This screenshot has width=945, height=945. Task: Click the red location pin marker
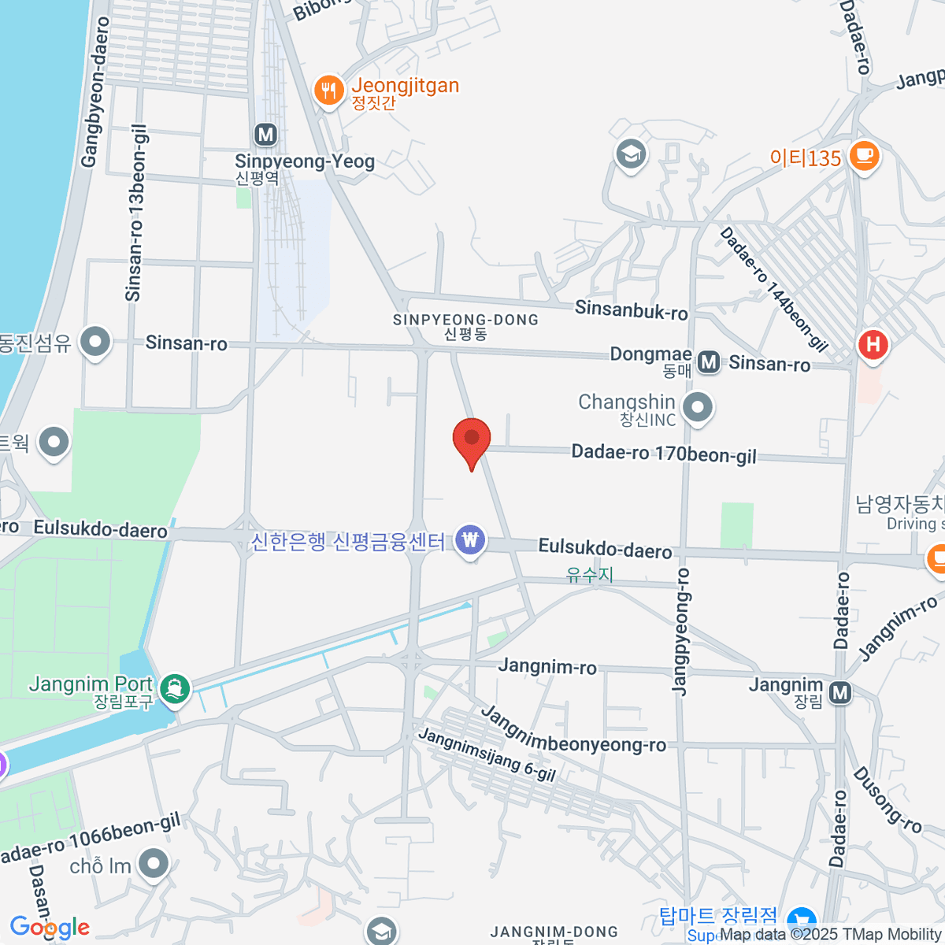coord(472,439)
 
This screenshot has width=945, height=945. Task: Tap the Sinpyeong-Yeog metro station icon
coord(266,135)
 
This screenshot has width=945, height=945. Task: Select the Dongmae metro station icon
coord(709,361)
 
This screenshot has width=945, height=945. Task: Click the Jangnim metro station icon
coord(840,692)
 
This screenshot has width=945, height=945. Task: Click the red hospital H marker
coord(873,345)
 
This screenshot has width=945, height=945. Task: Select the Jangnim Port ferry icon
coord(174,689)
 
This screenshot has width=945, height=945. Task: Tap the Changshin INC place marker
coord(697,408)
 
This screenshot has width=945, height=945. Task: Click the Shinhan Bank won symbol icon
coord(470,540)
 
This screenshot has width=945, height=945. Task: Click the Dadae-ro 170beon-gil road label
coord(664,454)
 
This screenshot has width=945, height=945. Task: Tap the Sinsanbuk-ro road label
coord(631,309)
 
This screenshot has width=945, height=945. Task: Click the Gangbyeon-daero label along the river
coord(94,92)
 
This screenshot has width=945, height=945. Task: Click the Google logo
coord(50,928)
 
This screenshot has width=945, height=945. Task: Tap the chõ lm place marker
coord(154,864)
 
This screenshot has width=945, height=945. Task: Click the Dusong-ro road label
coord(888,799)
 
